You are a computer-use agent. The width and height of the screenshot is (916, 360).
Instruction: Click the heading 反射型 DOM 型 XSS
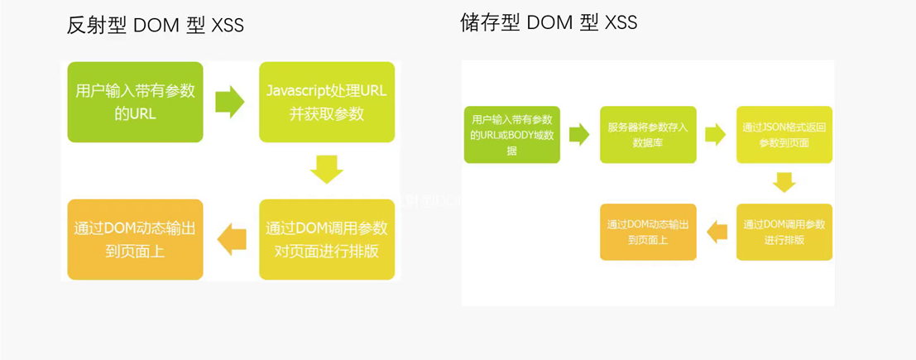tap(156, 26)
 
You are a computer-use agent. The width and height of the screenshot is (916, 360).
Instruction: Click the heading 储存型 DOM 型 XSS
tap(549, 22)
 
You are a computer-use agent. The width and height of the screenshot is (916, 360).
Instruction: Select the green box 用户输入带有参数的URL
tap(135, 102)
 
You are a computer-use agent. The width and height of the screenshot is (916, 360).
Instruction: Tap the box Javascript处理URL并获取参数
tap(327, 102)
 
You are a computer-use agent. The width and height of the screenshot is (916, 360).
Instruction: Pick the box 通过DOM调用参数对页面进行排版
tap(327, 239)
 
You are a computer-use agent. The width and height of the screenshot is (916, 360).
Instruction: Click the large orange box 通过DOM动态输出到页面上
tap(135, 239)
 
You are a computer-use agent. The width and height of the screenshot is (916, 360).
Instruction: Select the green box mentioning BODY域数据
tap(512, 134)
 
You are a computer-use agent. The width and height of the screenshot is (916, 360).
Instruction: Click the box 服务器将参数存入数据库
tap(648, 134)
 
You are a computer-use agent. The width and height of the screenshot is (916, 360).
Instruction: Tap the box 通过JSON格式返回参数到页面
tap(784, 134)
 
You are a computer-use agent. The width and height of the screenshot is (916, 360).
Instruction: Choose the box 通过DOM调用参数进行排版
tap(784, 232)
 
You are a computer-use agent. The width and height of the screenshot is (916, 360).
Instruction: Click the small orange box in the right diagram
tap(648, 232)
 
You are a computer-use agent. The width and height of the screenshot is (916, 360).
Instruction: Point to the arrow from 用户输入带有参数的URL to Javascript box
tap(230, 102)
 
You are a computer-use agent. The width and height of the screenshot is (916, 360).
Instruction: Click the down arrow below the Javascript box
tap(327, 170)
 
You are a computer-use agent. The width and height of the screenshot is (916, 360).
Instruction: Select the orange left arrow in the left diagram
tap(232, 239)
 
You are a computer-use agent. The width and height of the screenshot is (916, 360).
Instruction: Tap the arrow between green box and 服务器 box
tap(579, 134)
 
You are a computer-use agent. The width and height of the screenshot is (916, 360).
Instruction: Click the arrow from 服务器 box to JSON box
tap(716, 134)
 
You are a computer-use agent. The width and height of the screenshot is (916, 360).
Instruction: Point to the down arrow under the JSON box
tap(784, 182)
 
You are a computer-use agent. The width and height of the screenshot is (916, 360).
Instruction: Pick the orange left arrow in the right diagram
tap(717, 232)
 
